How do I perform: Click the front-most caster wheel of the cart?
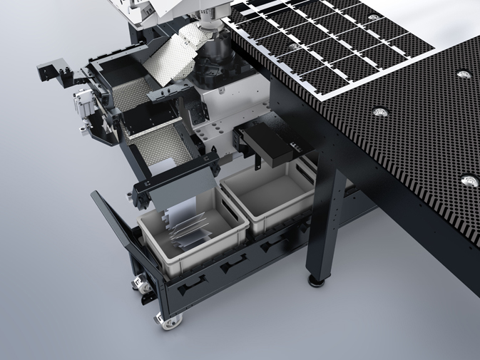[168, 322]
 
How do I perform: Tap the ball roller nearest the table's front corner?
[468, 179]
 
